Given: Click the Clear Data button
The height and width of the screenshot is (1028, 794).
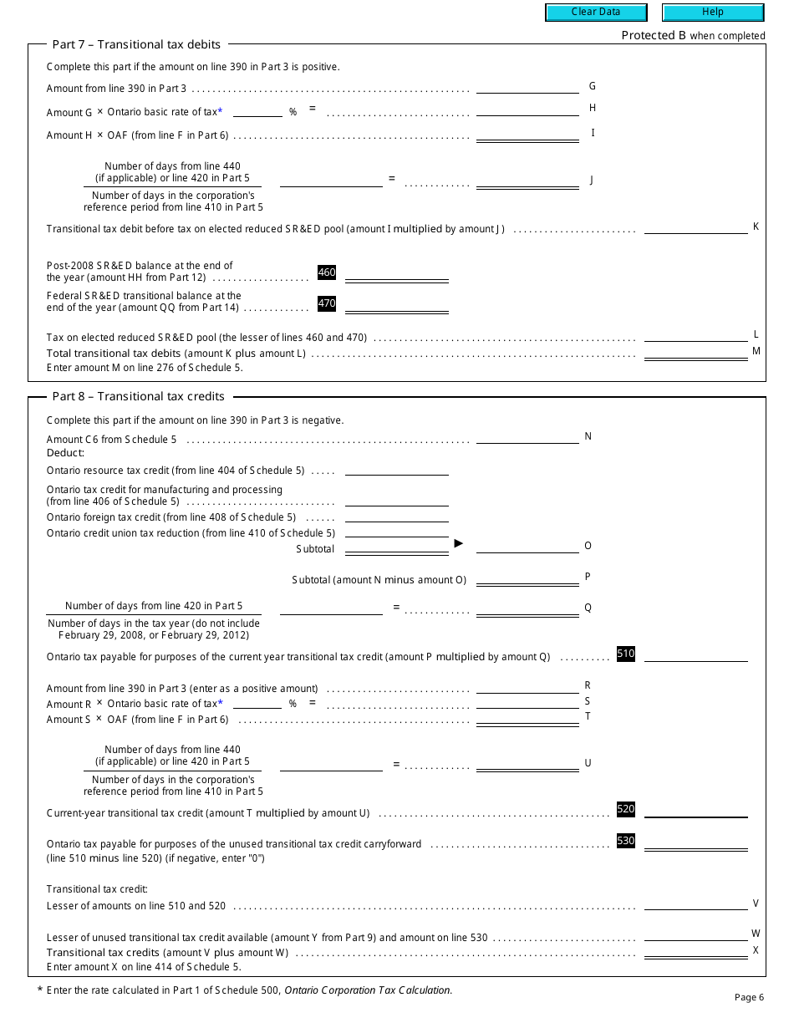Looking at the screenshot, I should (x=596, y=13).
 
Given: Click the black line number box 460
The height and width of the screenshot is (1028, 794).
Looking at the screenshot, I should (x=327, y=272).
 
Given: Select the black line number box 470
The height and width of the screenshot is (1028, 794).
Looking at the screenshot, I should (x=327, y=304).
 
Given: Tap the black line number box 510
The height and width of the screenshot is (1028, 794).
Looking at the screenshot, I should (x=626, y=654).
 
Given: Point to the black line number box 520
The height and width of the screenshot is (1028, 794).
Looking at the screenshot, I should (x=626, y=809).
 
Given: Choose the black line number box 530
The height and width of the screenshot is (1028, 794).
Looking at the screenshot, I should (x=626, y=841).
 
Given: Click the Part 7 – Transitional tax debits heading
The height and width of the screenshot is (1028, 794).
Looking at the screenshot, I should (x=136, y=44).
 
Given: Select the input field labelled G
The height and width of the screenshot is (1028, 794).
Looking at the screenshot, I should (x=527, y=87).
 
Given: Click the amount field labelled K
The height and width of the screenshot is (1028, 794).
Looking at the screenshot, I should (x=695, y=227).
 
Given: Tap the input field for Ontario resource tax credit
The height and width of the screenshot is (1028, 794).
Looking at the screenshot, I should (x=397, y=469).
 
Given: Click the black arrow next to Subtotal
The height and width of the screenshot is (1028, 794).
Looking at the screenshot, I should (x=458, y=543).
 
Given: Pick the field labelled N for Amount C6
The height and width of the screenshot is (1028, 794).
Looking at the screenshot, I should (x=527, y=437).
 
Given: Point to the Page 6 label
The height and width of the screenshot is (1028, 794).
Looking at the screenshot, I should (x=749, y=997).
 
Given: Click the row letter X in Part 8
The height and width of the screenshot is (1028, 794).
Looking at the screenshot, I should (x=756, y=950).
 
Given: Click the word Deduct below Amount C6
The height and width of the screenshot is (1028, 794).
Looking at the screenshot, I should (x=66, y=453).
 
